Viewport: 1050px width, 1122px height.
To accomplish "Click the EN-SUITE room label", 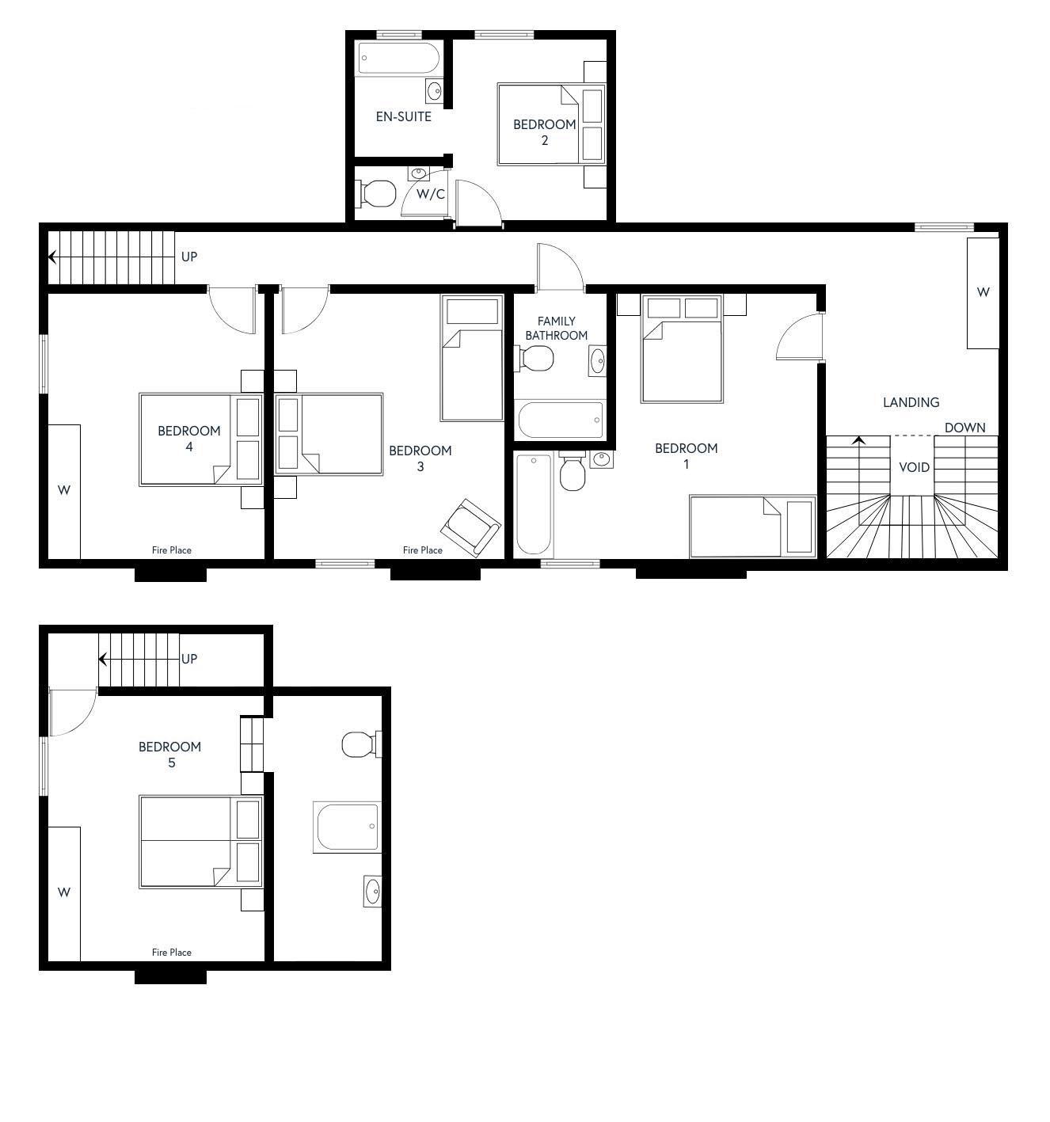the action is tap(404, 117).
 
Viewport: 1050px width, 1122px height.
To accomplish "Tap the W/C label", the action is tap(431, 194).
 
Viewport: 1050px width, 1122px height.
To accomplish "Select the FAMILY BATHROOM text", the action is tap(556, 329).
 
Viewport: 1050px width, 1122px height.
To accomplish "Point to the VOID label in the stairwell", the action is tap(914, 467).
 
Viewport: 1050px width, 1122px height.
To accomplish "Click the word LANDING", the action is tap(911, 402).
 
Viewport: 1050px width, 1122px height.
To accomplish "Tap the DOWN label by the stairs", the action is tap(964, 428).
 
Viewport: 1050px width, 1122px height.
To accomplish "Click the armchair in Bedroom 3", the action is tap(470, 527).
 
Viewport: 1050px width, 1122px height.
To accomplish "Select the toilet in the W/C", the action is tap(375, 194).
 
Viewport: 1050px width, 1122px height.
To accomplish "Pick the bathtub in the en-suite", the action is tap(399, 58).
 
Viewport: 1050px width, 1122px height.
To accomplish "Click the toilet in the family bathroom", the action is tap(534, 358).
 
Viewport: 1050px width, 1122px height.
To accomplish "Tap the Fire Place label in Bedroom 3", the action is tap(422, 550).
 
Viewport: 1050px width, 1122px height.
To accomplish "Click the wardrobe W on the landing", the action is tap(983, 293).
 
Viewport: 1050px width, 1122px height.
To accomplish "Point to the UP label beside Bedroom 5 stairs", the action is tap(189, 659).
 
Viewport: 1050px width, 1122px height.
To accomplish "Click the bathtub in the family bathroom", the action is tap(561, 419).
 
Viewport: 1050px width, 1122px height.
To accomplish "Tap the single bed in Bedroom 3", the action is tap(472, 358).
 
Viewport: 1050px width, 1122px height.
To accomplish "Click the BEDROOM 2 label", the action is tap(544, 132).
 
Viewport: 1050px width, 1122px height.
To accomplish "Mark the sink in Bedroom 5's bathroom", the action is tap(372, 892).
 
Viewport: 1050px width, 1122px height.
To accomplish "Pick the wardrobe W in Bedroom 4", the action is tap(64, 492).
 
